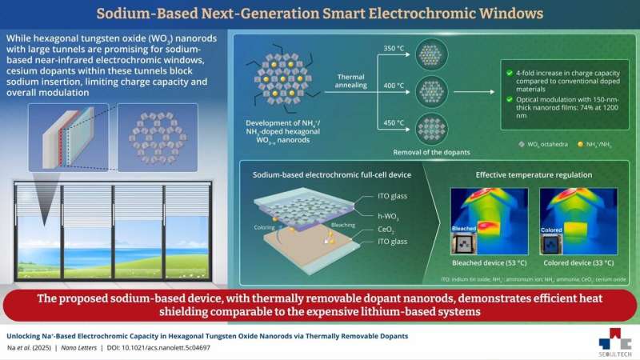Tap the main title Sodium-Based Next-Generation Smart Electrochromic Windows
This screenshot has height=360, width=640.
pos(320,13)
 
